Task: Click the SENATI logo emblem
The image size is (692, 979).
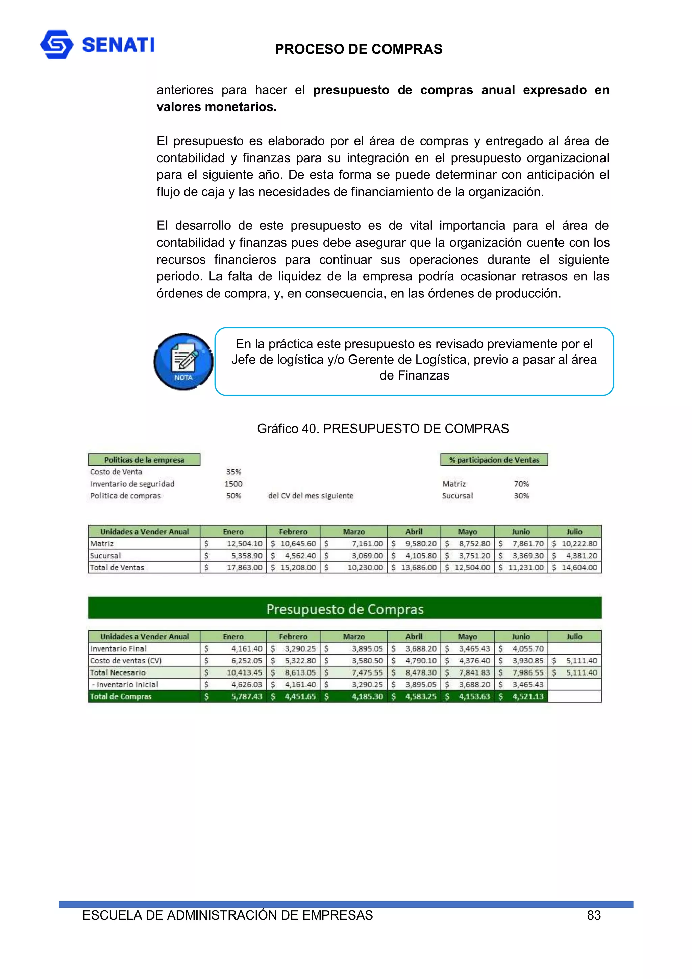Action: [57, 44]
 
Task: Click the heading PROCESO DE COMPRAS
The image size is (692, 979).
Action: [358, 49]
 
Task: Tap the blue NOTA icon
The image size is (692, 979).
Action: [183, 362]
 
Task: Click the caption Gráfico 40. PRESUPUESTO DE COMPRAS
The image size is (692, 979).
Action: [382, 429]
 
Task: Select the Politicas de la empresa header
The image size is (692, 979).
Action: [144, 460]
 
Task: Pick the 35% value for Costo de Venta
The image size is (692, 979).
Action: [233, 472]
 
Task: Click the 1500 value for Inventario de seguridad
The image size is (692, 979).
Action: [233, 484]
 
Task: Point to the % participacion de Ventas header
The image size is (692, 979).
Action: [494, 460]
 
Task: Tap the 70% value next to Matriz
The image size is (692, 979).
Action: [521, 484]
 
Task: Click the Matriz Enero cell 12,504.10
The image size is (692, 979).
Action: [244, 544]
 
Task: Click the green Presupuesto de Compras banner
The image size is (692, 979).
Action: [345, 609]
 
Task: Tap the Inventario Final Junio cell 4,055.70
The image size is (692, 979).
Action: [527, 648]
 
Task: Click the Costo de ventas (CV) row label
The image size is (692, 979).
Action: [126, 660]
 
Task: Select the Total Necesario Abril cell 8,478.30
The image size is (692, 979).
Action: [420, 672]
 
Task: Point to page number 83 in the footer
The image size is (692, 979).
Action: [594, 915]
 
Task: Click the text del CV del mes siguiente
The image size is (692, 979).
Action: [311, 496]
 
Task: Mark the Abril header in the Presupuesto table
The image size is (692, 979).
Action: [414, 637]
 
